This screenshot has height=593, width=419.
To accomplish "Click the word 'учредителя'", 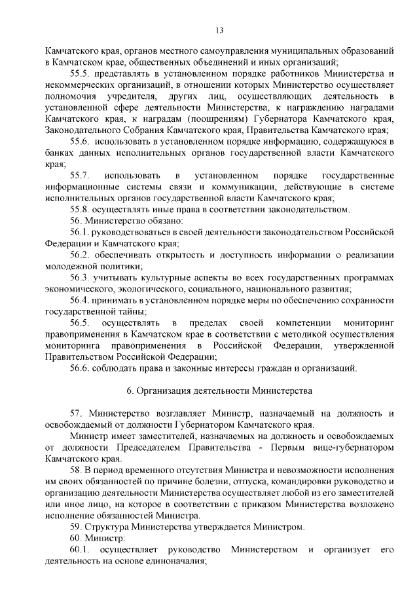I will pyautogui.click(x=118, y=97).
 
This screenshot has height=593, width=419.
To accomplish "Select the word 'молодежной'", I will pyautogui.click(x=75, y=267).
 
